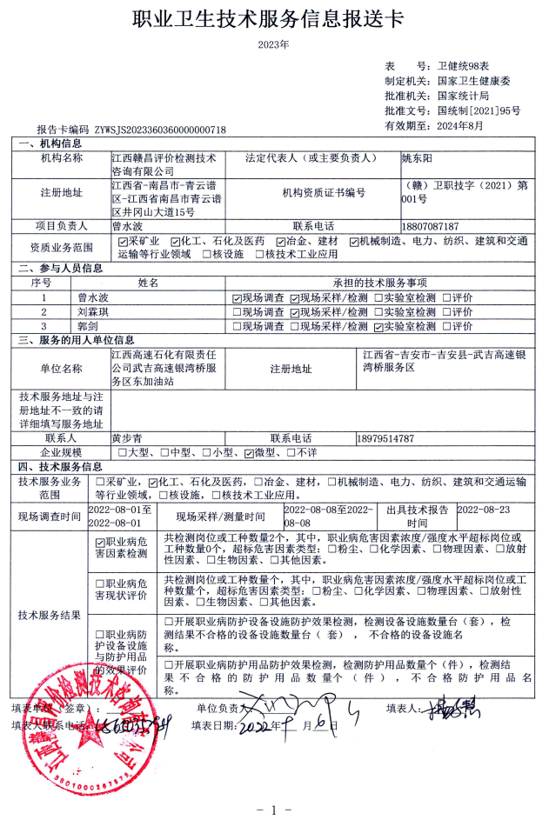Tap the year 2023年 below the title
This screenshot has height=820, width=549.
pyautogui.click(x=274, y=43)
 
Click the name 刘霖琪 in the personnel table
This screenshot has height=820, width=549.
pyautogui.click(x=92, y=311)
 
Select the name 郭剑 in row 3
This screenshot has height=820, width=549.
pyautogui.click(x=86, y=326)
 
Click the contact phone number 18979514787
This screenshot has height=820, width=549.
pyautogui.click(x=385, y=438)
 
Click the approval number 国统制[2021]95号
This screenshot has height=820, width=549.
pyautogui.click(x=479, y=111)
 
